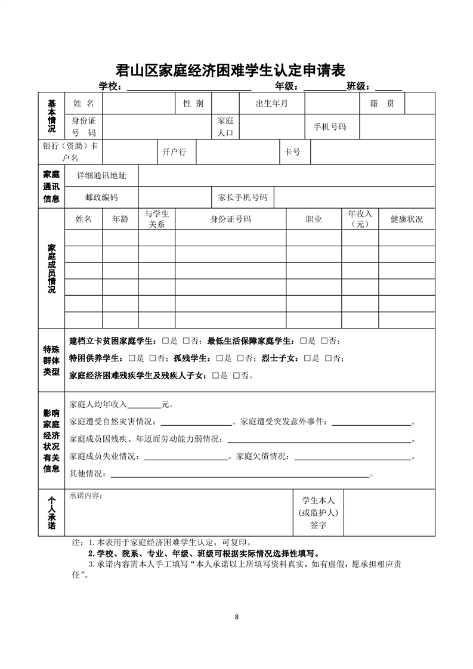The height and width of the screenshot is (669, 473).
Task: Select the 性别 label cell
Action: (x=193, y=104)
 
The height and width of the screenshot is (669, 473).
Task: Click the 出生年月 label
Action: (x=271, y=104)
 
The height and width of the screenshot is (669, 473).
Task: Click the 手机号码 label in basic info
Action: (x=329, y=127)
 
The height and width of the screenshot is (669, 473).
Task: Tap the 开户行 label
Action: (x=174, y=152)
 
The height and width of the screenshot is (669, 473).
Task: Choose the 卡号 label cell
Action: (x=293, y=152)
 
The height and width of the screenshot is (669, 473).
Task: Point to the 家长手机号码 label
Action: (x=243, y=197)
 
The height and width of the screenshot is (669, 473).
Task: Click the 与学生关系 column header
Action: (x=157, y=219)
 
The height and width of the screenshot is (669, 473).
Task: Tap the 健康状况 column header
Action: (x=406, y=219)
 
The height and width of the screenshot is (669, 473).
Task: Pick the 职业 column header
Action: (x=314, y=219)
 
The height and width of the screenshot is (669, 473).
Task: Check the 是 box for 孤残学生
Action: (x=220, y=358)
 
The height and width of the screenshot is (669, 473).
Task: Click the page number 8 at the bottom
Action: (x=237, y=616)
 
